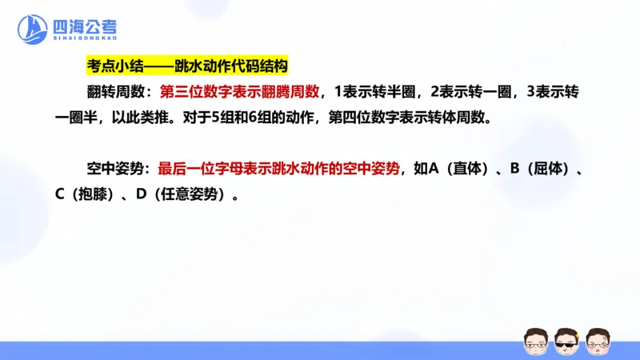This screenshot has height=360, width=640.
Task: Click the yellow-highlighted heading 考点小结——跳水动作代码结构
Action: click(186, 66)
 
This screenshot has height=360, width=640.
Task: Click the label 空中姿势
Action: click(119, 169)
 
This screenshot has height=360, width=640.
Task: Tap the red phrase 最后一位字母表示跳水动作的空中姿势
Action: click(278, 169)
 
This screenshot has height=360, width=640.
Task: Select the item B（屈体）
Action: click(538, 169)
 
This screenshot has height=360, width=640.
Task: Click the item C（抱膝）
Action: click(87, 194)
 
